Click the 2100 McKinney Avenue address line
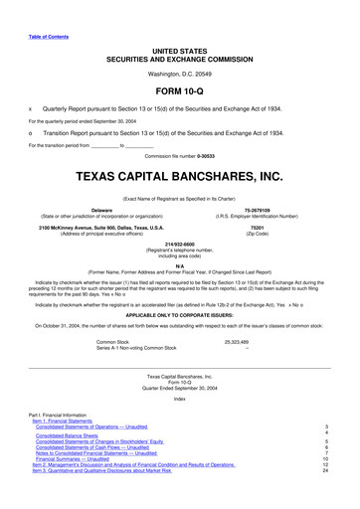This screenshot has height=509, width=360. point(100,227)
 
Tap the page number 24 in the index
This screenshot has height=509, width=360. point(325,497)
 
